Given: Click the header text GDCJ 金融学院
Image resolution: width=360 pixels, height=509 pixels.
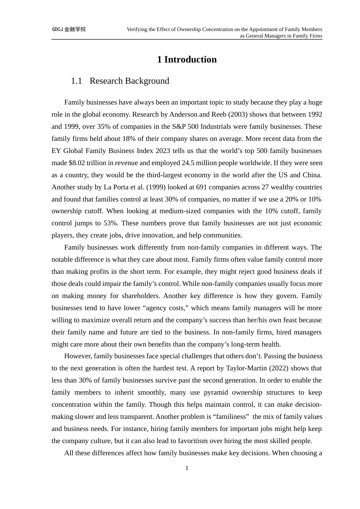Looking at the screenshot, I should click(x=69, y=29).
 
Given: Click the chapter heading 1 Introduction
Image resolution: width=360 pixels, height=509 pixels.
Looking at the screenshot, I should click(x=187, y=59).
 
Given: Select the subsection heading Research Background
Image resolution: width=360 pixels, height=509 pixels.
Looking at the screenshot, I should click(x=129, y=81).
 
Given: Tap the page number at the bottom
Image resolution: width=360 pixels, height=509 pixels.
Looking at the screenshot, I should click(x=187, y=468).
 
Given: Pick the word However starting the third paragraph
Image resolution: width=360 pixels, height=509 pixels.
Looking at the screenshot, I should click(x=77, y=356).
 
